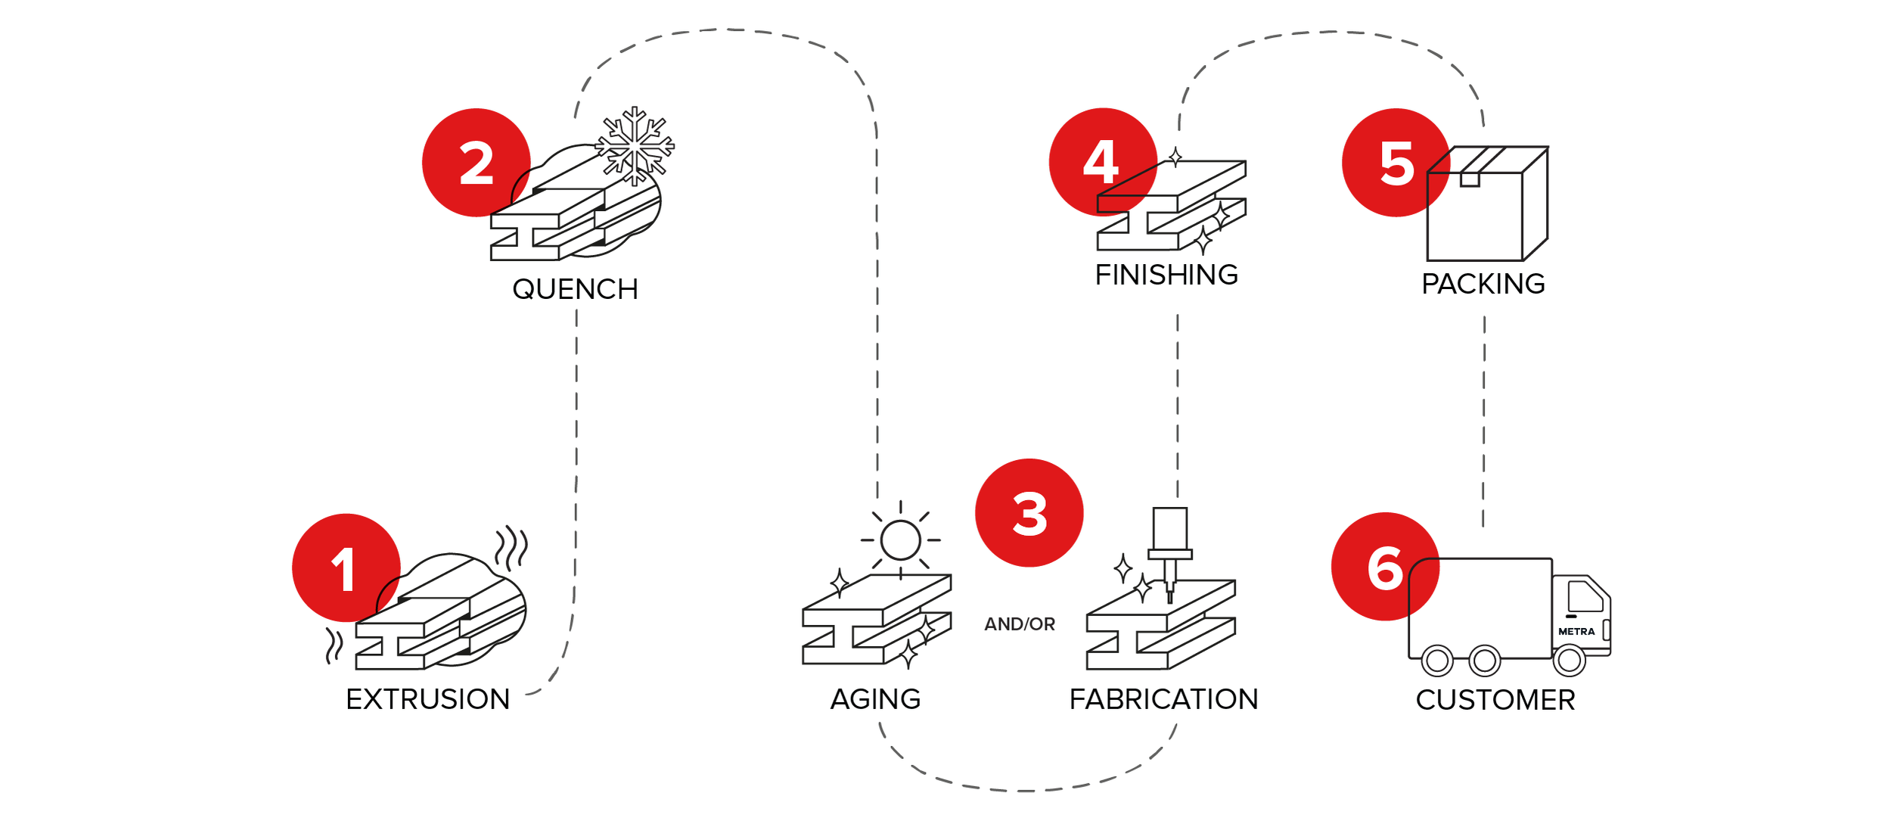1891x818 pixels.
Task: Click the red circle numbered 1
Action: tap(346, 568)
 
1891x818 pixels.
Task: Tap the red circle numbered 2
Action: tap(477, 163)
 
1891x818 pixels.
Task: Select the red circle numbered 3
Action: tap(1029, 513)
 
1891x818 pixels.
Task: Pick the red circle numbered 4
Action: tap(1104, 162)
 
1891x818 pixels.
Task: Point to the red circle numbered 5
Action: tap(1396, 163)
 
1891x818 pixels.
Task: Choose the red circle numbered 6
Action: tap(1386, 567)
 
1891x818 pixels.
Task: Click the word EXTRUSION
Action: tap(428, 699)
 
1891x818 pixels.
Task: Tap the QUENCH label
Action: tap(576, 289)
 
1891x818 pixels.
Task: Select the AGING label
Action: tap(876, 699)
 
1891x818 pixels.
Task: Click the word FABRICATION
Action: tap(1164, 699)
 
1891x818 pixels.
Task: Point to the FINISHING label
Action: tap(1167, 275)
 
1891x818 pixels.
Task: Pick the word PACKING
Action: tap(1483, 284)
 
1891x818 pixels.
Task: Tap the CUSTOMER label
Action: tap(1495, 700)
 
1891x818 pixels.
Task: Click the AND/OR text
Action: tap(1020, 624)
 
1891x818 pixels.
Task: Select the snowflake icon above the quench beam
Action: tap(635, 146)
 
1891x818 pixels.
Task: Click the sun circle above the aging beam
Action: tap(901, 540)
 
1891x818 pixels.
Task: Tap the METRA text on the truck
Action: tap(1576, 631)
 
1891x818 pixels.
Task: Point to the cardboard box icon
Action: tap(1488, 204)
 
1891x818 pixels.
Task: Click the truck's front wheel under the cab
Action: tap(1570, 661)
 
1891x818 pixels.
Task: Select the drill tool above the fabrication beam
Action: tap(1170, 555)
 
